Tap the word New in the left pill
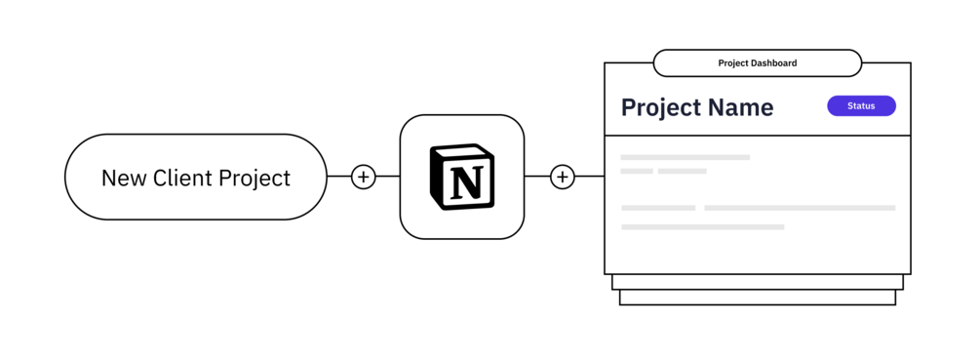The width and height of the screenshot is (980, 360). click(x=122, y=179)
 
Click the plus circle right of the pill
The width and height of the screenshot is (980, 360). click(x=363, y=177)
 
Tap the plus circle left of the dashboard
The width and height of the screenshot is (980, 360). click(x=563, y=177)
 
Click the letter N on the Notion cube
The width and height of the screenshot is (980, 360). click(x=466, y=180)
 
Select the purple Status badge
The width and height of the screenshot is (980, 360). click(x=861, y=105)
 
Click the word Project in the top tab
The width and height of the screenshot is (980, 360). click(x=733, y=63)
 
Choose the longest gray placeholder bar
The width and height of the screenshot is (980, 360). click(x=800, y=208)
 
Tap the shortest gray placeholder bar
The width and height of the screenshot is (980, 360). click(x=637, y=171)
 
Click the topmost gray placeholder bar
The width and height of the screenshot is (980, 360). click(x=685, y=157)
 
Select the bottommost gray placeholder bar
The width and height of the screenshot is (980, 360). click(x=702, y=227)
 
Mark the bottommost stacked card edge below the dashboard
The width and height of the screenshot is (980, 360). click(x=758, y=304)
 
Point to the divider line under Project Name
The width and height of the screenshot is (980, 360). click(x=758, y=135)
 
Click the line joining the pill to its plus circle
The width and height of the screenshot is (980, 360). click(x=339, y=177)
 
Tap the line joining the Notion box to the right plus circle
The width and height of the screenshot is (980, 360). click(x=537, y=177)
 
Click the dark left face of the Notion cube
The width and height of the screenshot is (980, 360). click(x=436, y=180)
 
